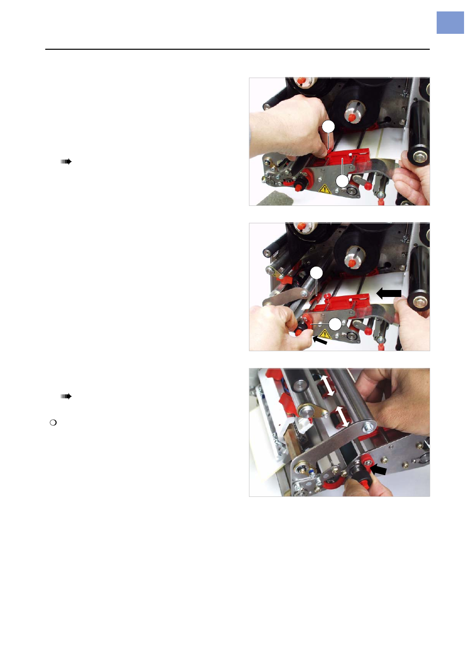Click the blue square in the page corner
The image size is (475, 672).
tap(450, 23)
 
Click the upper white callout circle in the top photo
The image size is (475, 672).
tap(328, 127)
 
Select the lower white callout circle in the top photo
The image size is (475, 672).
tap(342, 181)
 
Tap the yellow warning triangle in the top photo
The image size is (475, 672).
tap(325, 189)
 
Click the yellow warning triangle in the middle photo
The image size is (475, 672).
tap(325, 334)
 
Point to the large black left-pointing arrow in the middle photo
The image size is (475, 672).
tap(389, 293)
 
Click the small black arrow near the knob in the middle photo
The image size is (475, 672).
tap(320, 341)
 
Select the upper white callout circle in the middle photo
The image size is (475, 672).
tap(316, 273)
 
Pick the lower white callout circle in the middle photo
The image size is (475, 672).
tap(336, 324)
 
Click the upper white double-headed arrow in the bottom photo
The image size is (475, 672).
tap(327, 385)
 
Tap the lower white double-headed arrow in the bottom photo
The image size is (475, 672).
tap(342, 416)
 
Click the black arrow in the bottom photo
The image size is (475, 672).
tap(378, 470)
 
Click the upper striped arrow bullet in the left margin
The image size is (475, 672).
tap(66, 162)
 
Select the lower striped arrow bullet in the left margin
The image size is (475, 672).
tap(66, 396)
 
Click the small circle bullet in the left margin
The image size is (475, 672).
tap(53, 422)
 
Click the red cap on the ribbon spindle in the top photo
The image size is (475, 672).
tap(352, 117)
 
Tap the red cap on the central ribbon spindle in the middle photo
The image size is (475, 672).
tap(352, 262)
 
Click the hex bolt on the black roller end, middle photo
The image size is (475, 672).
tap(420, 301)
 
